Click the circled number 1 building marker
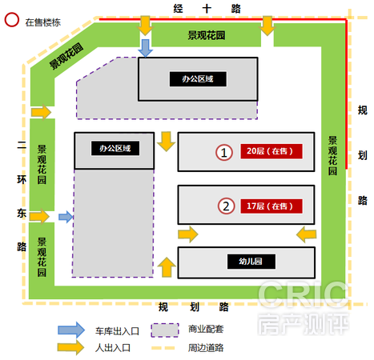tap(224, 152)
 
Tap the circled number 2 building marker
tap(227, 206)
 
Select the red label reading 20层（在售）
tap(271, 151)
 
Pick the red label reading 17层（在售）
tap(271, 206)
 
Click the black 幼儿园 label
tap(251, 262)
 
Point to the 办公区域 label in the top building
tap(198, 79)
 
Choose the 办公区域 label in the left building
tap(115, 148)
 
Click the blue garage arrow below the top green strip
tap(145, 48)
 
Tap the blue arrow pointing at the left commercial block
tap(66, 217)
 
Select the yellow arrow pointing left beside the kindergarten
tap(307, 234)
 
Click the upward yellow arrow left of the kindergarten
tap(167, 267)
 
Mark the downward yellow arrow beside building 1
tap(167, 142)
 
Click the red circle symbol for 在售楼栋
tap(12, 20)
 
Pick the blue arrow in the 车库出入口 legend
tap(71, 330)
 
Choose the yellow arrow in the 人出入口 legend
tap(70, 347)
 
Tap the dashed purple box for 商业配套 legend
tap(165, 330)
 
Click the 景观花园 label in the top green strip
tap(207, 35)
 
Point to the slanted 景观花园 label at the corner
tap(66, 56)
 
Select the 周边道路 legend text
tap(206, 348)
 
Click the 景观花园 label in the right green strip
tap(332, 156)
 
